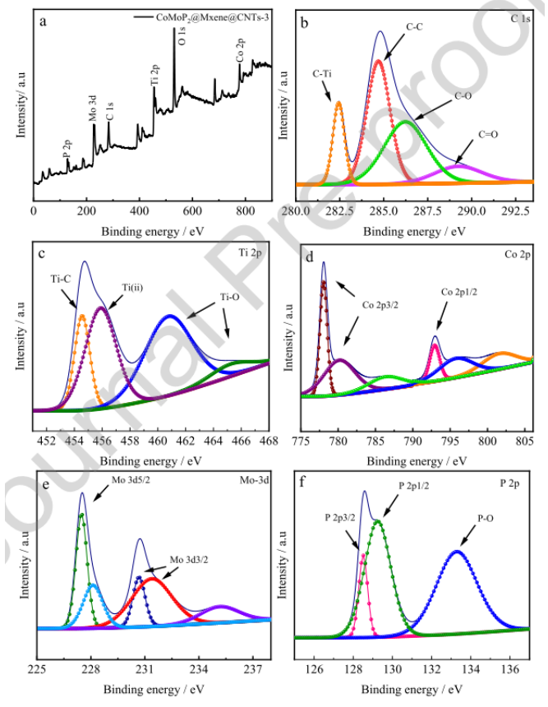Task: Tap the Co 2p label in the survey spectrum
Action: (x=240, y=49)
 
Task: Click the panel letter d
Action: (x=310, y=256)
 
